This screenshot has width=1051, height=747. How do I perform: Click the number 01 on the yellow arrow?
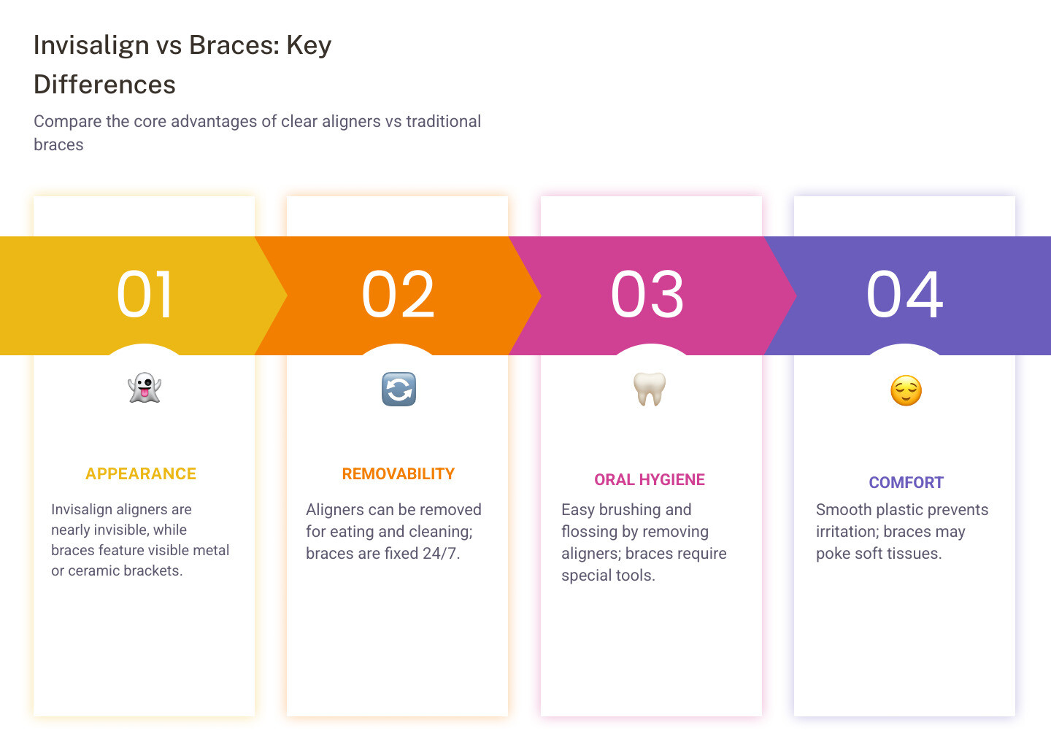(x=145, y=295)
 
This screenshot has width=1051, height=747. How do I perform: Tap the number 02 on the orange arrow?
(x=399, y=295)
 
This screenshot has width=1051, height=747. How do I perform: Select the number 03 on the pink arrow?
(x=647, y=295)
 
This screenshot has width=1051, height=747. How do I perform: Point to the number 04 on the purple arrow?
(x=904, y=295)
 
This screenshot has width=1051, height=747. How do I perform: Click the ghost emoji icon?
(x=145, y=388)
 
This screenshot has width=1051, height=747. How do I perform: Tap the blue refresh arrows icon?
(x=399, y=389)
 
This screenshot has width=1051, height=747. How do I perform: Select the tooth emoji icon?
(x=650, y=388)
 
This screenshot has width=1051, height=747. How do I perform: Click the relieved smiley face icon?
(x=906, y=391)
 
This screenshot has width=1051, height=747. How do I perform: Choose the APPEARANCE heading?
(x=141, y=474)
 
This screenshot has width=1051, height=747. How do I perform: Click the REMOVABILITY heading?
(x=398, y=474)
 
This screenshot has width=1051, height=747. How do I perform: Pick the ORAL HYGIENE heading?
(x=650, y=480)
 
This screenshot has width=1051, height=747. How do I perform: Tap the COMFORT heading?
(x=906, y=483)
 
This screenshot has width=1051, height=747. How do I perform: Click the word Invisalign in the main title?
(x=91, y=45)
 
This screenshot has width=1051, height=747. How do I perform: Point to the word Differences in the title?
(x=104, y=85)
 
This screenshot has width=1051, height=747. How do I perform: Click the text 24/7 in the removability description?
(x=441, y=554)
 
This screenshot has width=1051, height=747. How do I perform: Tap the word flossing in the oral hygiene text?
(x=590, y=532)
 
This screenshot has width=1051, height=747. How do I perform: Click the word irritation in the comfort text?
(x=847, y=532)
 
